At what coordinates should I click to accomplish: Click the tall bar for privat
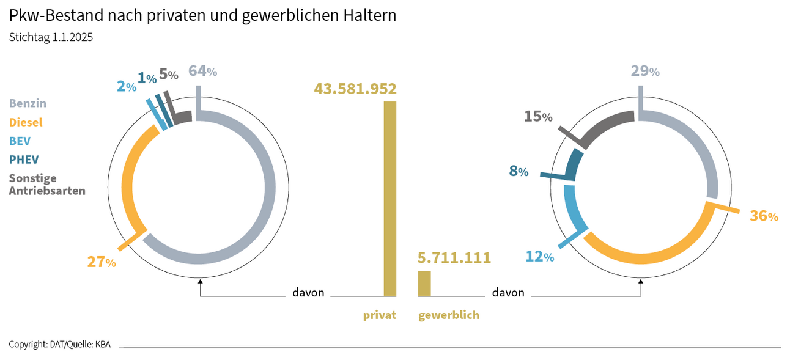(x=389, y=199)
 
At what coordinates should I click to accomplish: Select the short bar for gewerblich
(x=424, y=284)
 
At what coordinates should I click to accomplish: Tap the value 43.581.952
(x=355, y=89)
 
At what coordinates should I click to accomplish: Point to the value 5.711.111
(x=454, y=258)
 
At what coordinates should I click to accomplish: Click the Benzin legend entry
(x=28, y=103)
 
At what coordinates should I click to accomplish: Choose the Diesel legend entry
(x=26, y=122)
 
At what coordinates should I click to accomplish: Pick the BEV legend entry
(x=19, y=141)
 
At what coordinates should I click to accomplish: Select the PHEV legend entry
(x=24, y=160)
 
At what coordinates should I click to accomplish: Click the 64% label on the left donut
(x=202, y=71)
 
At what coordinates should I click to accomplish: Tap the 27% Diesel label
(x=102, y=262)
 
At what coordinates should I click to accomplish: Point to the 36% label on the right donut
(x=764, y=216)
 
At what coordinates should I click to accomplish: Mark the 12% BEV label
(x=540, y=257)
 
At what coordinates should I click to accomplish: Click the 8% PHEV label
(x=519, y=171)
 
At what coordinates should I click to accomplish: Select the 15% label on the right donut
(x=538, y=116)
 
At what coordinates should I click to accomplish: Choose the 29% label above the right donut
(x=645, y=71)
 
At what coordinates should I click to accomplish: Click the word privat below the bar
(x=380, y=315)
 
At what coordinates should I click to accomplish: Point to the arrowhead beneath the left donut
(x=201, y=282)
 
